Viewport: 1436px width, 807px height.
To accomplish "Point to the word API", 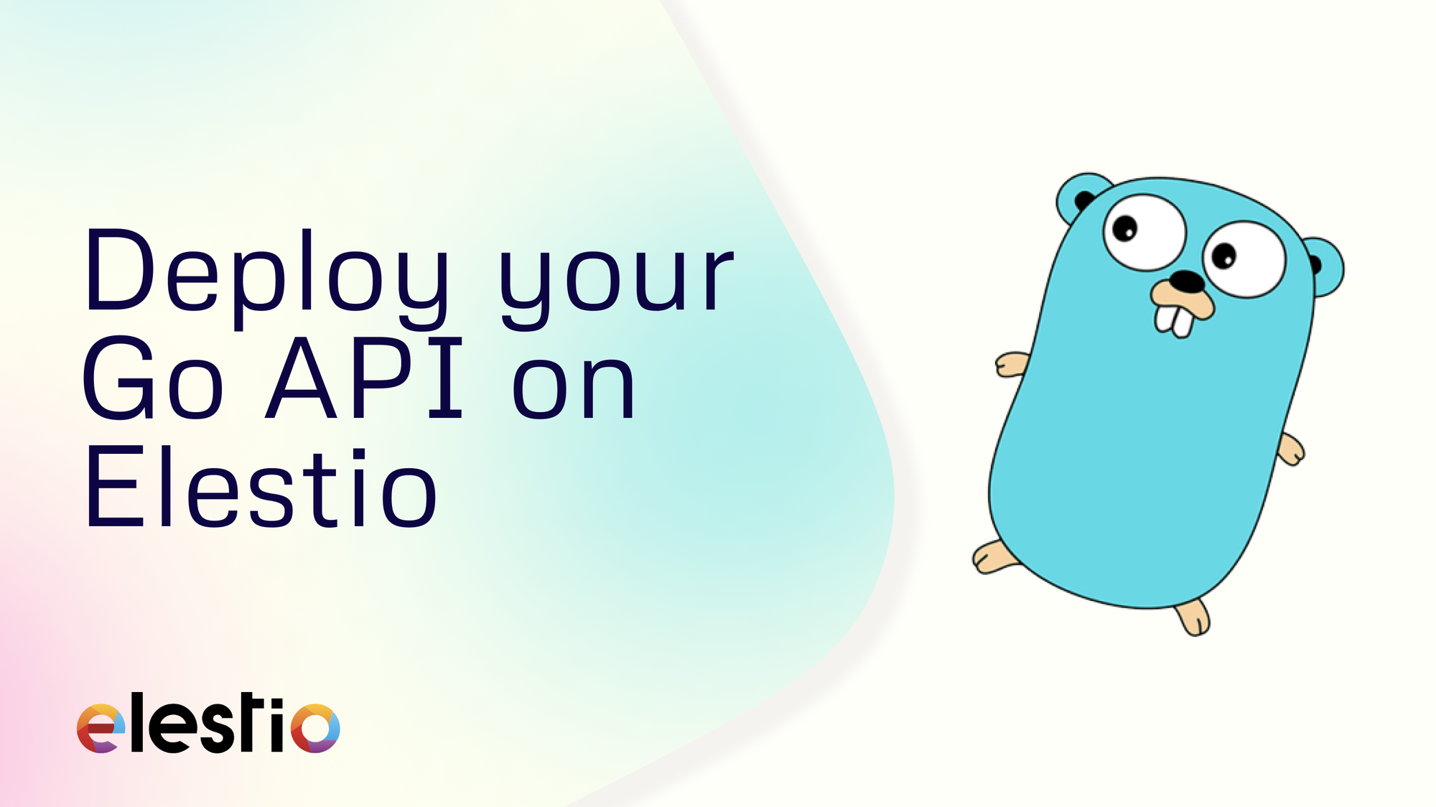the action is click(x=365, y=378).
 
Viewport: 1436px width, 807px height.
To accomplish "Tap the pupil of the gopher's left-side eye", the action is click(x=1124, y=228).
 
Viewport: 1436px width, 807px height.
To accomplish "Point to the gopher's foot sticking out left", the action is click(x=994, y=557).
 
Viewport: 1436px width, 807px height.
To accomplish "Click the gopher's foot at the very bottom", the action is click(x=1193, y=617).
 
